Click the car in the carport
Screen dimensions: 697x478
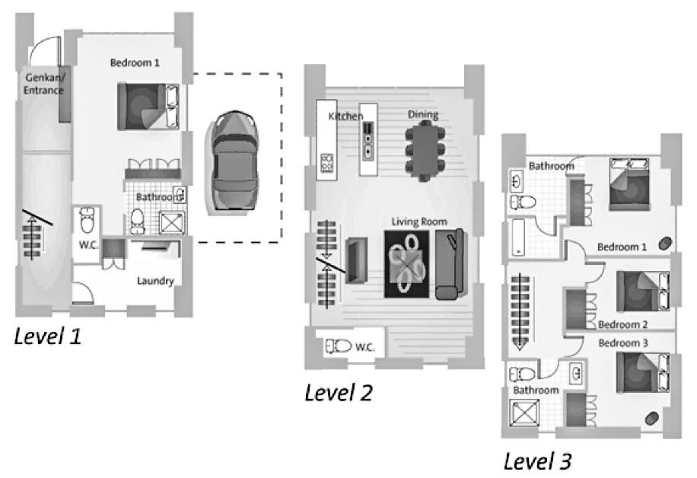(x=233, y=162)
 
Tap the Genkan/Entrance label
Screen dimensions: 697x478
(x=44, y=84)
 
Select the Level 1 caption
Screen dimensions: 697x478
(x=48, y=336)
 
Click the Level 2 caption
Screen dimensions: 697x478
(x=339, y=393)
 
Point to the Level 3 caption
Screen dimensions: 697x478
(x=537, y=461)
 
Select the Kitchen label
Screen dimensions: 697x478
(x=345, y=116)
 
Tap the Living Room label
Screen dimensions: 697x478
(x=419, y=221)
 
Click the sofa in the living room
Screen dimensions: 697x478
(x=450, y=264)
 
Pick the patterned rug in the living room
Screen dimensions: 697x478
(x=407, y=264)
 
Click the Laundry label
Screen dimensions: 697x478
(x=155, y=281)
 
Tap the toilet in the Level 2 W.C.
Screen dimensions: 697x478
(x=339, y=346)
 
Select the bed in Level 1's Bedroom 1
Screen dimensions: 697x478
(x=148, y=107)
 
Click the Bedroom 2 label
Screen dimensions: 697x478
(x=622, y=324)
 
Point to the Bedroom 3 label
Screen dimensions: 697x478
(x=623, y=343)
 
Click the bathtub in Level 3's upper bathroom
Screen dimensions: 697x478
(x=518, y=237)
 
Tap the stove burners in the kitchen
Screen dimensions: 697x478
(x=326, y=163)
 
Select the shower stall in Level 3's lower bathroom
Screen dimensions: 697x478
(x=524, y=413)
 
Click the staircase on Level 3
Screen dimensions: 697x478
(x=520, y=311)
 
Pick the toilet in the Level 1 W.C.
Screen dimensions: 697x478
(x=88, y=220)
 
